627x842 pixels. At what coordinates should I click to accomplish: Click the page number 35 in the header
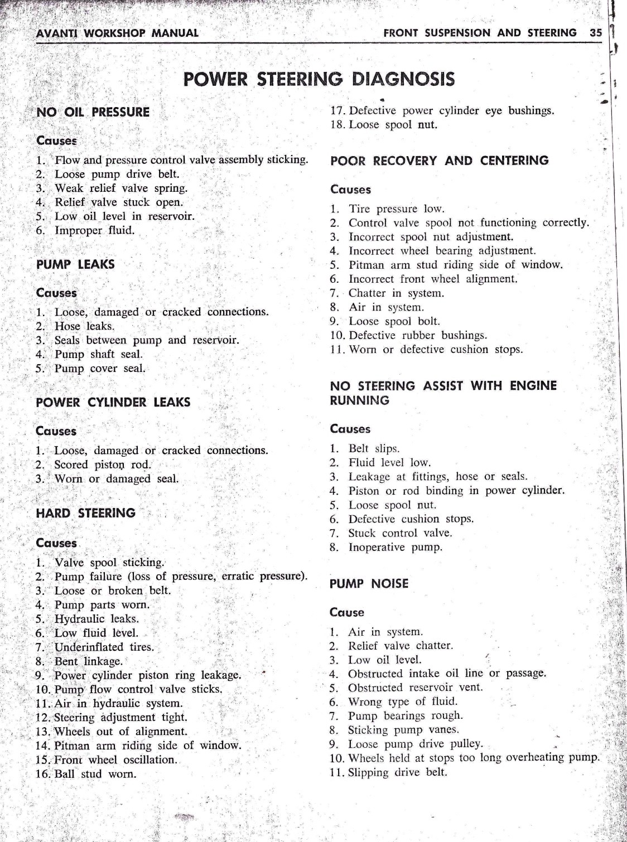pos(596,33)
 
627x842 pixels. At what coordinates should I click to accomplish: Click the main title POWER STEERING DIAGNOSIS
pos(319,79)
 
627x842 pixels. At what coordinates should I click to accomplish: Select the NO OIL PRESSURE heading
pos(93,112)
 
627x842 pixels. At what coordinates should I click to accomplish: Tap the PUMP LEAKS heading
pos(75,264)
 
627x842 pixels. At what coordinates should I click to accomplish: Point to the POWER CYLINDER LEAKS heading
pos(113,402)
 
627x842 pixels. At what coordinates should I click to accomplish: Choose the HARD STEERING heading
pos(85,513)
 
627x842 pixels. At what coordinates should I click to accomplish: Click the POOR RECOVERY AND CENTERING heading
pos(440,161)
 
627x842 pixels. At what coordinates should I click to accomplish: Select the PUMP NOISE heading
pos(369,584)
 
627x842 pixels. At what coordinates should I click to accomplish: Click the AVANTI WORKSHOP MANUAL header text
pos(117,33)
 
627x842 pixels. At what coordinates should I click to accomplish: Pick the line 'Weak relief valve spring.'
pos(120,188)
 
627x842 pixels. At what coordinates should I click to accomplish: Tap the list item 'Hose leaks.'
pos(84,326)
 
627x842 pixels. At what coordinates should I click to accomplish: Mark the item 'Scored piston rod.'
pos(102,464)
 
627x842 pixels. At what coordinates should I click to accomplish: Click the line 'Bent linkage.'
pos(88,661)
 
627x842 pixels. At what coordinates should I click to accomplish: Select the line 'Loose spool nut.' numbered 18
pos(393,125)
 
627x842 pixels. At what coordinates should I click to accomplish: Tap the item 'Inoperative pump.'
pos(395,547)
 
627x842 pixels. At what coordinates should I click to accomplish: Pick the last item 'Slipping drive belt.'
pos(397,772)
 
